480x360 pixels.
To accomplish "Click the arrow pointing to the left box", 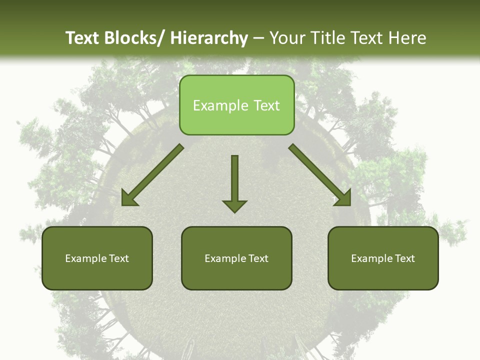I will coord(152,175).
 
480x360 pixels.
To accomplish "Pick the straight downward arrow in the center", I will coord(234,180).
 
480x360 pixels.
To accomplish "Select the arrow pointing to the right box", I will coord(320,175).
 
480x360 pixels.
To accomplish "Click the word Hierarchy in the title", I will coord(209,38).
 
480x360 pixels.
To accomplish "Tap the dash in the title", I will coord(258,38).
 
